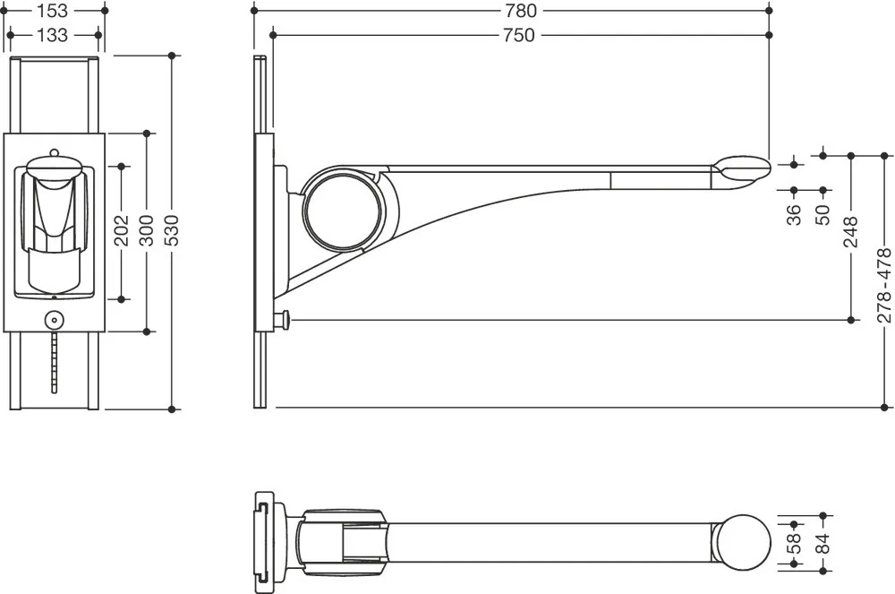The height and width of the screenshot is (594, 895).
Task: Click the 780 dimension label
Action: coord(521,10)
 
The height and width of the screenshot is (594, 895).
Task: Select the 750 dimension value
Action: coord(519,35)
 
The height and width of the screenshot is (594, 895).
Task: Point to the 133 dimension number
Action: coord(52,35)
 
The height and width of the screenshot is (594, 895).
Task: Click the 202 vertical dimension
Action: coord(122,230)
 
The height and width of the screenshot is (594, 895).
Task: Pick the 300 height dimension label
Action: coord(147,230)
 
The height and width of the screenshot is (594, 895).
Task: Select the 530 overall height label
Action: coord(172,230)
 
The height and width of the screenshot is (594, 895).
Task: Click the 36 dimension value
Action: coord(794,215)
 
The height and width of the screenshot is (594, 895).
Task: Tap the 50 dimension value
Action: coord(823,215)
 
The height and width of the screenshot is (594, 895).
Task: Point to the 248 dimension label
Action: coord(850,231)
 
